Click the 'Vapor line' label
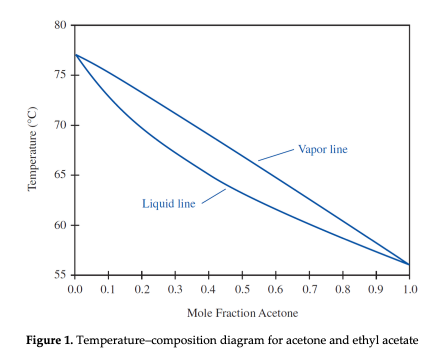[x=322, y=149]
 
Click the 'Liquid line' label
[x=168, y=203]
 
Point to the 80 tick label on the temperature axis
[x=60, y=25]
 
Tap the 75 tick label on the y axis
[x=60, y=75]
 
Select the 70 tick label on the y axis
[x=60, y=125]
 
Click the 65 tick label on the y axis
[x=60, y=175]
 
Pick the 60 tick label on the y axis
[x=60, y=225]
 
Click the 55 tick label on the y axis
[x=60, y=275]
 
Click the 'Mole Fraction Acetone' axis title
[x=242, y=313]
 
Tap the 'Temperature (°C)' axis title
[x=33, y=149]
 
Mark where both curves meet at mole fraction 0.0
[x=75, y=54]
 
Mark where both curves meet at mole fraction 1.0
[x=409, y=264]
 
